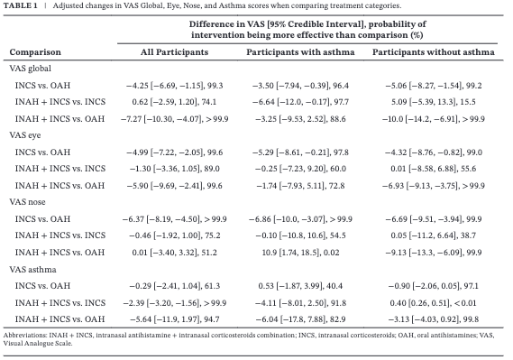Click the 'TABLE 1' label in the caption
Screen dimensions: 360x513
[22, 6]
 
